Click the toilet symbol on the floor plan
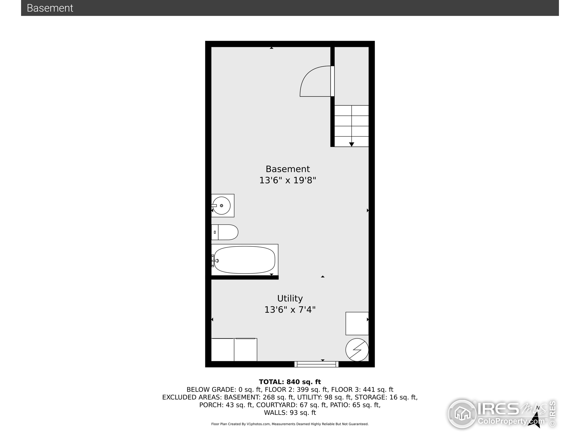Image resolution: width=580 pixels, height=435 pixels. coord(225,232)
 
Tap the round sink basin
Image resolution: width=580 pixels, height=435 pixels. coord(222,205)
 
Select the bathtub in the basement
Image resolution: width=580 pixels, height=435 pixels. coord(244,260)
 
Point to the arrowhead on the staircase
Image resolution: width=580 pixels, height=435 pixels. coord(352,144)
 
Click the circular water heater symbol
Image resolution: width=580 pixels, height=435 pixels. coord(357,350)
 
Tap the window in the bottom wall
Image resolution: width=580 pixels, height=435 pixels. coord(316,364)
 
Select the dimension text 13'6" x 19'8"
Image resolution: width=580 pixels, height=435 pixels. coord(288,180)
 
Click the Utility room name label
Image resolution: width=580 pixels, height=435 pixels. coord(290,298)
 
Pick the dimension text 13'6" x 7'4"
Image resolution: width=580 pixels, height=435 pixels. coord(290,310)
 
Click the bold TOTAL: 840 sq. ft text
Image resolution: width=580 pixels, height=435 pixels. coord(290,382)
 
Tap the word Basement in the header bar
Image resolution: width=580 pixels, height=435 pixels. coord(50,8)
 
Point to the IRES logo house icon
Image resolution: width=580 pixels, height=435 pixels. coord(462,414)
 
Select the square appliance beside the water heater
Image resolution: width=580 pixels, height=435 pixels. coord(357,323)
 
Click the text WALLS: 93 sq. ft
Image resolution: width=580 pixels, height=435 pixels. coord(290,413)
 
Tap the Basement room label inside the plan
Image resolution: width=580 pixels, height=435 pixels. coord(288,169)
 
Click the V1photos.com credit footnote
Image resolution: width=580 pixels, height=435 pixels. coord(290,424)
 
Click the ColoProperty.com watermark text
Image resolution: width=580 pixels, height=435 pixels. coord(511,421)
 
